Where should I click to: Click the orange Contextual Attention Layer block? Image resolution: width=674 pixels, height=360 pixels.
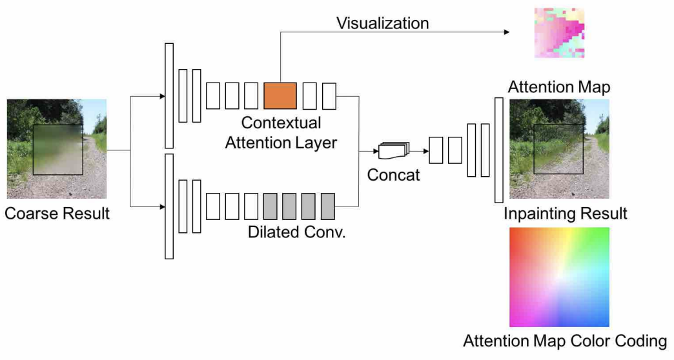pos(280,95)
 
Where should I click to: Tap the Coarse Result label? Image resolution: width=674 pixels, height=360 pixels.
pos(57,214)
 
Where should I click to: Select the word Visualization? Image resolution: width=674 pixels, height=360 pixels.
pos(383,23)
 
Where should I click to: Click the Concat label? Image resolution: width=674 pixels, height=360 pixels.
pos(393,175)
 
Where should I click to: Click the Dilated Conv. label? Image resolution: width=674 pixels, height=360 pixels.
pos(297,232)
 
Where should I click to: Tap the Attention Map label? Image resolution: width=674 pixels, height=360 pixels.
pos(559,87)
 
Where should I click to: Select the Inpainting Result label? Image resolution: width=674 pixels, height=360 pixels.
pos(566,214)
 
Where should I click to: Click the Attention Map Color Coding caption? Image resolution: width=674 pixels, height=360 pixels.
pos(565,341)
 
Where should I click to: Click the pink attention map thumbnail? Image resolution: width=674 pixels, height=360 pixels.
pos(559,33)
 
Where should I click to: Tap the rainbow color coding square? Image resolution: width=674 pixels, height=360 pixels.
pos(559,277)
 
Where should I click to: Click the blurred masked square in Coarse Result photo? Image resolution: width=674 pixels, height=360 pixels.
pos(58,150)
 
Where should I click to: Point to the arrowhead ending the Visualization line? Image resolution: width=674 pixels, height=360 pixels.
pos(507,32)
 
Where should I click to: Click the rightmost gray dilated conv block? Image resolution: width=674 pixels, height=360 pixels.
pos(327,206)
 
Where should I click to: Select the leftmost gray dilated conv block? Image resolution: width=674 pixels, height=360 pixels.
pos(271,206)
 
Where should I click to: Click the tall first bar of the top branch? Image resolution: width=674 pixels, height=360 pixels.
pos(169,95)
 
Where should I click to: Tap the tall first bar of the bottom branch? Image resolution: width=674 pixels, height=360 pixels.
pos(169,206)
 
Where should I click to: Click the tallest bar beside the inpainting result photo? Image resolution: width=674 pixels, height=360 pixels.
pos(498,150)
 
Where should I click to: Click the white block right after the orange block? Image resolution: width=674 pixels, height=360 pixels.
pos(309,95)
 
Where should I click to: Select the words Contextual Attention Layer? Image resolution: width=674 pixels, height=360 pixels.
pos(281,133)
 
